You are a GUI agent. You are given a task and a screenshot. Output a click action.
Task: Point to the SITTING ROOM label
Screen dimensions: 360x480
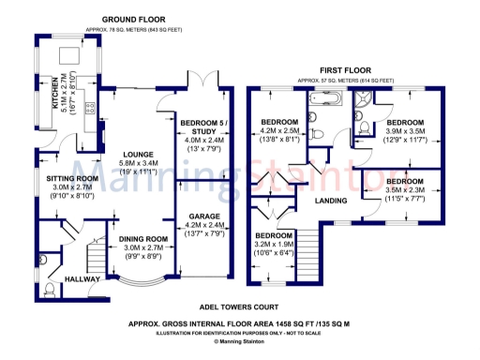coord(72,178)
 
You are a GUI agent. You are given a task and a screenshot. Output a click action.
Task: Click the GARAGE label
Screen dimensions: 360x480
coord(202,215)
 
